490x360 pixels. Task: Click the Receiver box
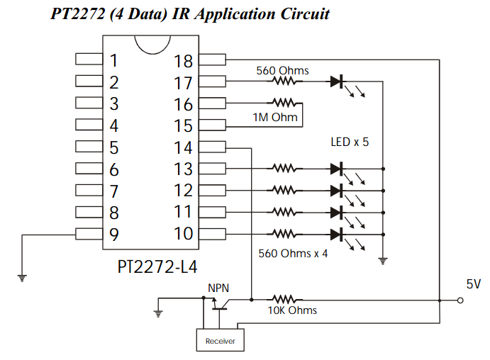[x=221, y=340]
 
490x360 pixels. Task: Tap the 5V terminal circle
[x=460, y=300]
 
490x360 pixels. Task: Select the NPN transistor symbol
[x=219, y=305]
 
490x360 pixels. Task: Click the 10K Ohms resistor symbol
[x=284, y=300]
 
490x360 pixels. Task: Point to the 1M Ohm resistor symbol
[x=284, y=103]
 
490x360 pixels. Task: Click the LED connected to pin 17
[x=337, y=81]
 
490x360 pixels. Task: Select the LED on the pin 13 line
[x=337, y=169]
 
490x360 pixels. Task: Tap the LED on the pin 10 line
[x=337, y=235]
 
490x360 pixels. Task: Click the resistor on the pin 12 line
[x=284, y=190]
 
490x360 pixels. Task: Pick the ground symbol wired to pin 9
[x=22, y=278]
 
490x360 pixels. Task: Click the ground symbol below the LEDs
[x=383, y=261]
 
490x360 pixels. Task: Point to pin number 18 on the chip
[x=183, y=61]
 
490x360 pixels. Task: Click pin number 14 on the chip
[x=183, y=147]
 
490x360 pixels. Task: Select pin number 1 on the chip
[x=113, y=60]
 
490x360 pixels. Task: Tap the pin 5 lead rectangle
[x=89, y=147]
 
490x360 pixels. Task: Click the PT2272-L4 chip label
[x=157, y=267]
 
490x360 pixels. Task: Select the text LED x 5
[x=350, y=142]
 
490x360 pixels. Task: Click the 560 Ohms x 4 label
[x=293, y=253]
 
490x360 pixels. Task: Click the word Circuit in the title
[x=305, y=14]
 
